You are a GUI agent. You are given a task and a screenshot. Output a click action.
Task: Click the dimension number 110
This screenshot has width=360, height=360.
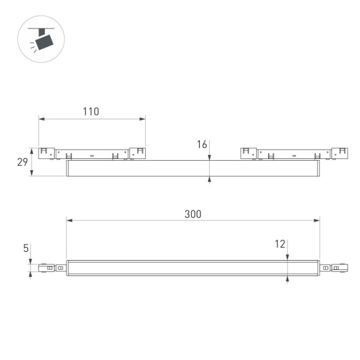[x=91, y=112]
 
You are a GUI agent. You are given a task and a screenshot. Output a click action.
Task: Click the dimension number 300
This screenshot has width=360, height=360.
[x=192, y=214]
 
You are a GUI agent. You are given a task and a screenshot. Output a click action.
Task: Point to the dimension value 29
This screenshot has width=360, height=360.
[x=22, y=162]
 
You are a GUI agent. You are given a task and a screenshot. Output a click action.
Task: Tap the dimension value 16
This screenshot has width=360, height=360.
[x=202, y=145]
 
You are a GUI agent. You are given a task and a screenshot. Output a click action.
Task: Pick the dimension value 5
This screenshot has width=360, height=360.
[x=25, y=249]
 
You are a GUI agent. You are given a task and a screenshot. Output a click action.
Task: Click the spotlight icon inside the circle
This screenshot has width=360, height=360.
[x=43, y=40]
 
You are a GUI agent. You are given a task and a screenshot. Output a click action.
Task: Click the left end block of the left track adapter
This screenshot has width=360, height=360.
[x=45, y=152]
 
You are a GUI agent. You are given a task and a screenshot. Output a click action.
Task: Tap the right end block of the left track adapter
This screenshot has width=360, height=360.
[x=137, y=152]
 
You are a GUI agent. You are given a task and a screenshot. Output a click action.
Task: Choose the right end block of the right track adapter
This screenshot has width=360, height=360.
[x=340, y=152]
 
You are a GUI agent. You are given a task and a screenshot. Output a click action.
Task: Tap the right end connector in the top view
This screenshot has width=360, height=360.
[x=337, y=268]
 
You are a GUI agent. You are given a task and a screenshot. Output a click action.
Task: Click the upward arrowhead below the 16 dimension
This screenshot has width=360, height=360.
[x=210, y=180]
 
